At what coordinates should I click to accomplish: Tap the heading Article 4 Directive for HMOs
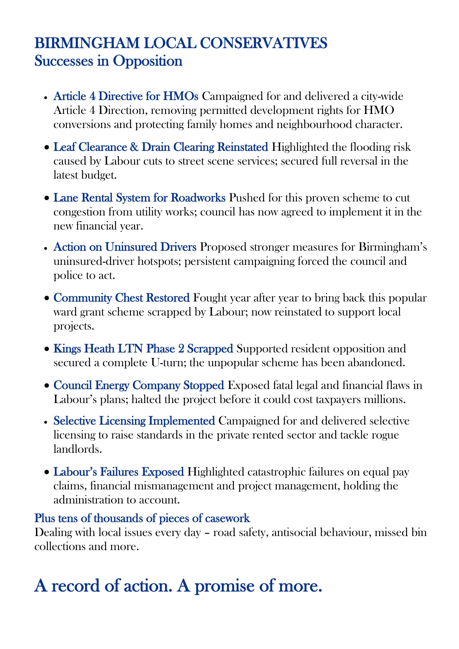126,96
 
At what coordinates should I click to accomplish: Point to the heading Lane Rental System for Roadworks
139,198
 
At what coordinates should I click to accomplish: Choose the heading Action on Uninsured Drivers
125,247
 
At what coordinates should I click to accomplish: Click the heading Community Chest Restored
121,298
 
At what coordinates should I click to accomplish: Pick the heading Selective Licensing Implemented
134,421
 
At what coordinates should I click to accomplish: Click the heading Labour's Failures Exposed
119,472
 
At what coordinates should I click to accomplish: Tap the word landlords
78,449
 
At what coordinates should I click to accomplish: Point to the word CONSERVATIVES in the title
264,43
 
